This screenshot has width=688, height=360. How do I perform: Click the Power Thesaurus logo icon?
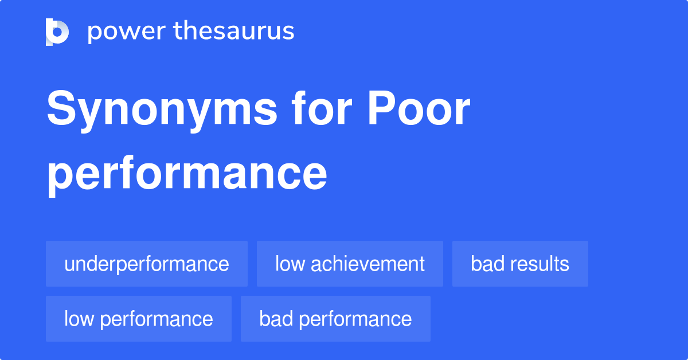(57, 32)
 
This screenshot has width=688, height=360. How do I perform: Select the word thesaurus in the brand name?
(234, 32)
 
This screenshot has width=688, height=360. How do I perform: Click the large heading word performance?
(187, 175)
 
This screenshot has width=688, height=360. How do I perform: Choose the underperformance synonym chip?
(147, 264)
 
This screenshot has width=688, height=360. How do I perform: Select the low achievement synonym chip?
(350, 264)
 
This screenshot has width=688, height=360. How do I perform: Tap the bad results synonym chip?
(520, 264)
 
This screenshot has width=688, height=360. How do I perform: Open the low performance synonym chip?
(139, 319)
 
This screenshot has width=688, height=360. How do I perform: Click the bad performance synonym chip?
(335, 319)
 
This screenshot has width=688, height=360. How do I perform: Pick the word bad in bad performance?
(273, 319)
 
